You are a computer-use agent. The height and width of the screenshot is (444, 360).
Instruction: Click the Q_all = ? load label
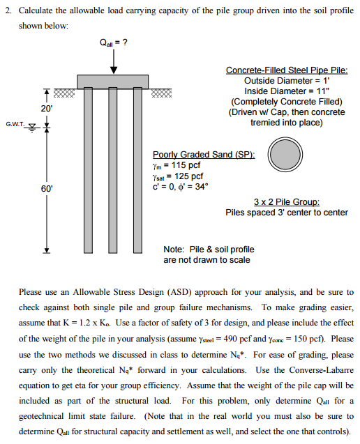pyautogui.click(x=114, y=43)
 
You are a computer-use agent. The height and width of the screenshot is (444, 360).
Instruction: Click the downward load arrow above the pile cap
pyautogui.click(x=114, y=61)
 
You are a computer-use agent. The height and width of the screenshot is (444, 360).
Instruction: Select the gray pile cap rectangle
pyautogui.click(x=113, y=82)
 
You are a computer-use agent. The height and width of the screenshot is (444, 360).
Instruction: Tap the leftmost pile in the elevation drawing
pyautogui.click(x=88, y=170)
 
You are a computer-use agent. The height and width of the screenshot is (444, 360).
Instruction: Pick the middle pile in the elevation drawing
pyautogui.click(x=113, y=170)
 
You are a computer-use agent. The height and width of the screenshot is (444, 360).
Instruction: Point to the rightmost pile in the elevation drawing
pyautogui.click(x=137, y=170)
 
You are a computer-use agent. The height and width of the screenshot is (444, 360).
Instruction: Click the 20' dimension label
pyautogui.click(x=47, y=108)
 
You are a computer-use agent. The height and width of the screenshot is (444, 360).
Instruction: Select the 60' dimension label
pyautogui.click(x=47, y=189)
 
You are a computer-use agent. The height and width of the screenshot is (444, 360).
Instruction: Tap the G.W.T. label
pyautogui.click(x=15, y=124)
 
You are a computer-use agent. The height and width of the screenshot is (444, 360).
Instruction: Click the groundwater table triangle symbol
pyautogui.click(x=33, y=127)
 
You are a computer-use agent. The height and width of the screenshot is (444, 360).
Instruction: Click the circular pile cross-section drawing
pyautogui.click(x=285, y=155)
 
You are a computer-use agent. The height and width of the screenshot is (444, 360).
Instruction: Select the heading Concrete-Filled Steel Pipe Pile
pyautogui.click(x=287, y=70)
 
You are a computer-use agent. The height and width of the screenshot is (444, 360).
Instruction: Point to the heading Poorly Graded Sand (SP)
pyautogui.click(x=204, y=155)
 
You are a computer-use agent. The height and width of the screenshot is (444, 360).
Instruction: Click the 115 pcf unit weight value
pyautogui.click(x=186, y=164)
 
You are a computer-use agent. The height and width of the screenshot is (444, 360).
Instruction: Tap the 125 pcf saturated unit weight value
pyautogui.click(x=188, y=176)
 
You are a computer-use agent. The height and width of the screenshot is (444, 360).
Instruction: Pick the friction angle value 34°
pyautogui.click(x=202, y=187)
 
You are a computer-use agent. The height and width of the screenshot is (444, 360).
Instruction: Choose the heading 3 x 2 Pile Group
pyautogui.click(x=287, y=202)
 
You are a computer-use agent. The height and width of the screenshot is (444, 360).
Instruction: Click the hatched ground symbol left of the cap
pyautogui.click(x=64, y=93)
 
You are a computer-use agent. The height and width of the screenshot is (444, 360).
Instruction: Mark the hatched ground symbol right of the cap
pyautogui.click(x=161, y=93)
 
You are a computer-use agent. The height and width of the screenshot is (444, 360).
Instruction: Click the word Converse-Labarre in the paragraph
pyautogui.click(x=322, y=370)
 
